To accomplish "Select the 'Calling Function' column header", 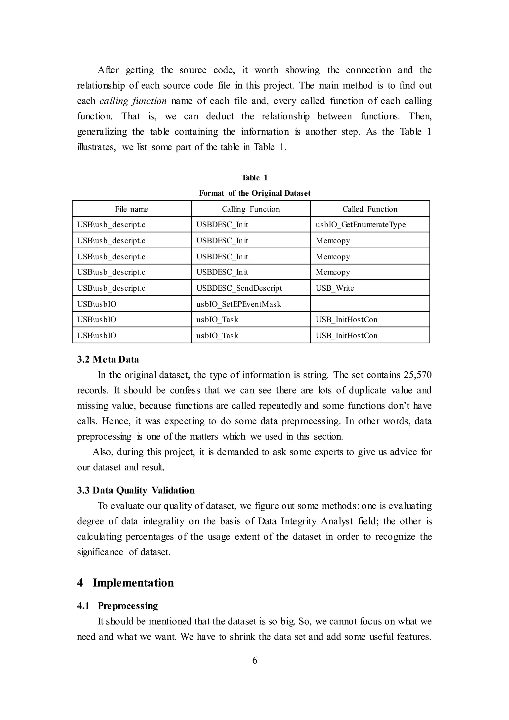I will pyautogui.click(x=251, y=209).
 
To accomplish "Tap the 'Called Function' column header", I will pyautogui.click(x=370, y=209).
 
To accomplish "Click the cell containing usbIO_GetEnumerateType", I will pyautogui.click(x=360, y=225).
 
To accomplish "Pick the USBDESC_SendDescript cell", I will pyautogui.click(x=239, y=288).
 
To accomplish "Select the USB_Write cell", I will pyautogui.click(x=335, y=288).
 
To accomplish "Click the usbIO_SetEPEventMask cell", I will pyautogui.click(x=239, y=304).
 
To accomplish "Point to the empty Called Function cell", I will pyautogui.click(x=370, y=304).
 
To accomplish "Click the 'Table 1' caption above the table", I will pyautogui.click(x=254, y=178).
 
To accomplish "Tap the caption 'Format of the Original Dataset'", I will pyautogui.click(x=254, y=193).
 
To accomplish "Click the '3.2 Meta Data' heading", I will pyautogui.click(x=108, y=359).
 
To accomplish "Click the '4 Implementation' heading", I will pyautogui.click(x=125, y=583).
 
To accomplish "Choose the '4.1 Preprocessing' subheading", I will pyautogui.click(x=118, y=606).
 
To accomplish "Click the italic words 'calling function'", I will pyautogui.click(x=133, y=101).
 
